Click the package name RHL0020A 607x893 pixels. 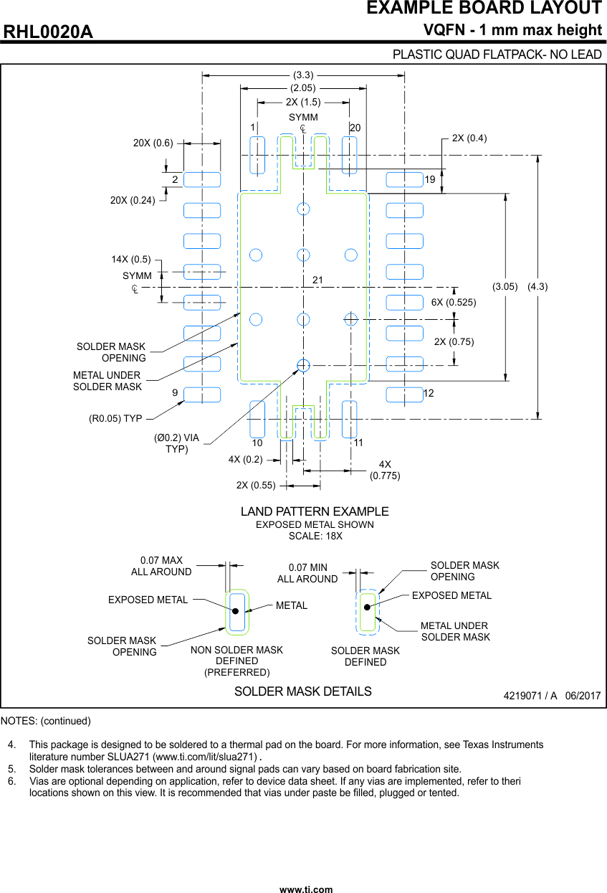pos(49,32)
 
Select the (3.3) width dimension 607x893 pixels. pos(303,75)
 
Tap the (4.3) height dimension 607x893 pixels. pos(537,286)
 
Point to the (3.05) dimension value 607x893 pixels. pos(505,286)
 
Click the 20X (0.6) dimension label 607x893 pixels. pos(153,143)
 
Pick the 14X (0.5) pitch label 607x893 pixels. pos(131,259)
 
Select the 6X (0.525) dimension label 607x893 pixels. pos(454,302)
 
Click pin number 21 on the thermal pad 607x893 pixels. pos(318,279)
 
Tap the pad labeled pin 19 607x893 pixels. pos(404,179)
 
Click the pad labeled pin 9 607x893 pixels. pos(202,394)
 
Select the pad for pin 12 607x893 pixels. pos(404,394)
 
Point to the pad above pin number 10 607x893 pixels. pos(257,419)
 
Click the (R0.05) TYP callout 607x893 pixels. pos(115,418)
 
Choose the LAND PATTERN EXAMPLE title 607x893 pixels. pos(315,511)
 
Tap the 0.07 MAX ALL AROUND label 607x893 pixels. pos(161,566)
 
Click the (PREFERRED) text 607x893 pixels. pos(237,672)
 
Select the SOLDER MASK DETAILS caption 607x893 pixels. pos(303,691)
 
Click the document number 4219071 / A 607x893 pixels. pos(530,696)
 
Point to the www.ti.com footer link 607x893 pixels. pos(306,889)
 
